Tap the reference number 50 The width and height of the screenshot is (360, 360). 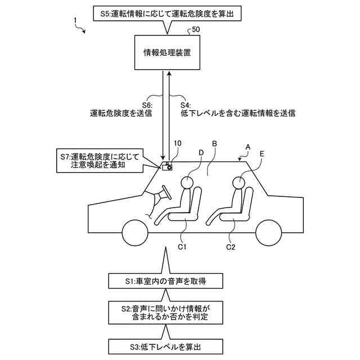pos(196,29)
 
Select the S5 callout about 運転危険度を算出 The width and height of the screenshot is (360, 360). pos(164,10)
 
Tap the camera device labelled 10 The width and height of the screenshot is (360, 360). pos(167,166)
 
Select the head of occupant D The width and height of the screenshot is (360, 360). pos(186,182)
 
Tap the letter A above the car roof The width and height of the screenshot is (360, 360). pos(248,146)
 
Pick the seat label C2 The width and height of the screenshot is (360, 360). pos(231,246)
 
